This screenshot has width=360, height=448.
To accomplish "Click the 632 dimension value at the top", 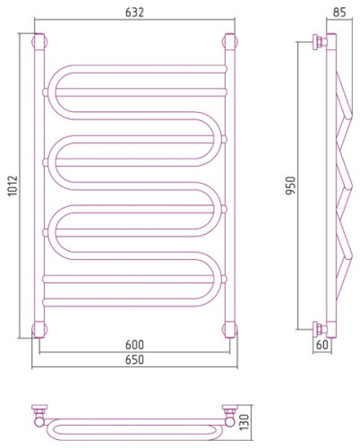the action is coord(134,13).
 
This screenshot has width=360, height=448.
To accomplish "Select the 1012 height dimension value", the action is coord(13,185).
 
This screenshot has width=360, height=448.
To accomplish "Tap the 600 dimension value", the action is coord(134,345).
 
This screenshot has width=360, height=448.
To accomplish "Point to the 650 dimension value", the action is coord(134,359).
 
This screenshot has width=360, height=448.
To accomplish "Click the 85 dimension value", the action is coord(339,13).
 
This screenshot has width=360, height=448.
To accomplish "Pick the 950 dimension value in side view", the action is coord(290,185).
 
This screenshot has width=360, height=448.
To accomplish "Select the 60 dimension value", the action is coord(322,345).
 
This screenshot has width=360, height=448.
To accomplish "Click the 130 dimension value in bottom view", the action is coord(244,422).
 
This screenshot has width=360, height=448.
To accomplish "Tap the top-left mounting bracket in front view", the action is coord(39,42).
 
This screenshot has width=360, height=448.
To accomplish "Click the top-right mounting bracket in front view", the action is coord(230,42).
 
